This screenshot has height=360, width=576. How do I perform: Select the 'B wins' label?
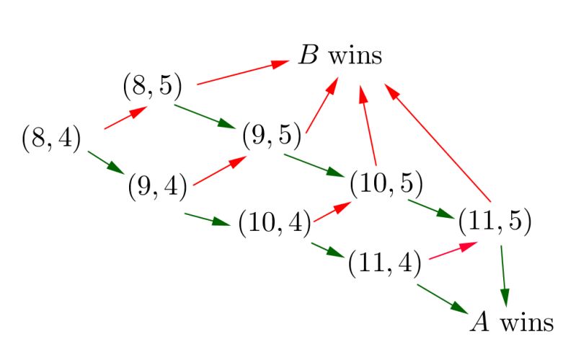tap(340, 56)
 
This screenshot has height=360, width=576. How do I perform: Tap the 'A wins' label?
tap(511, 322)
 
